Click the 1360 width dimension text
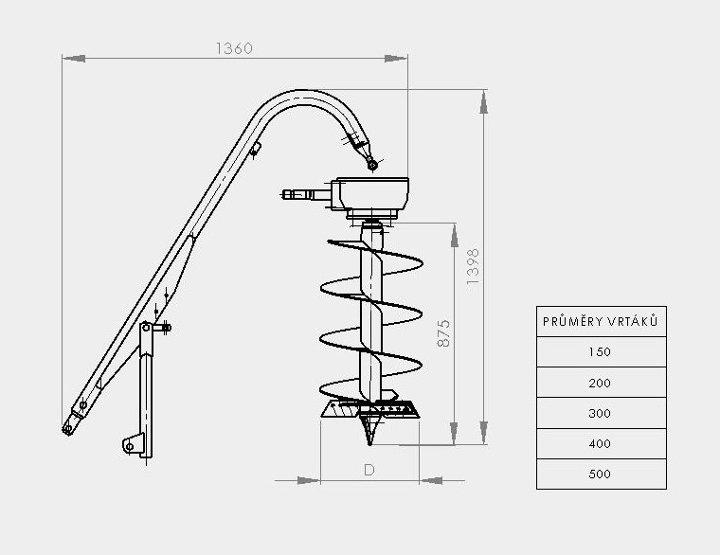coord(234,48)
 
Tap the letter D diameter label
coord(369,469)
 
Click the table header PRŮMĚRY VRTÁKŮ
coord(601,322)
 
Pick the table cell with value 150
coord(601,352)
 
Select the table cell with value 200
coord(601,383)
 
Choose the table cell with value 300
coord(601,413)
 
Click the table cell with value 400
coord(601,443)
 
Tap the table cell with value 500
coord(601,474)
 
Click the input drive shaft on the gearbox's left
coord(301,196)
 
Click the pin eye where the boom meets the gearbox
coord(373,166)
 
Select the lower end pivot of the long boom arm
coord(68,427)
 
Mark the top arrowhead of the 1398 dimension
coord(484,98)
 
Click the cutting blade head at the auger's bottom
coord(370,410)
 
